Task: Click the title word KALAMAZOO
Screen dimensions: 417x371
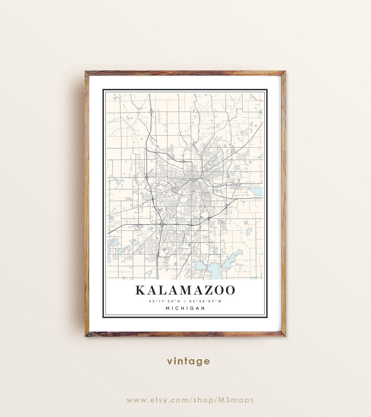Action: pos(185,290)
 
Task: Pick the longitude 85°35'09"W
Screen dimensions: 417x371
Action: pos(205,301)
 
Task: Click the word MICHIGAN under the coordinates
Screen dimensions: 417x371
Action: pos(185,308)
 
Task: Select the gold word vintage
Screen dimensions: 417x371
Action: pos(188,361)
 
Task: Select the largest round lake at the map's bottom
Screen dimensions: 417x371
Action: pos(214,269)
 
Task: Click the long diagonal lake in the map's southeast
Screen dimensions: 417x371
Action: pos(232,258)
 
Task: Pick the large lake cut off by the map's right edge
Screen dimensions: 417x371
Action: pos(257,191)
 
